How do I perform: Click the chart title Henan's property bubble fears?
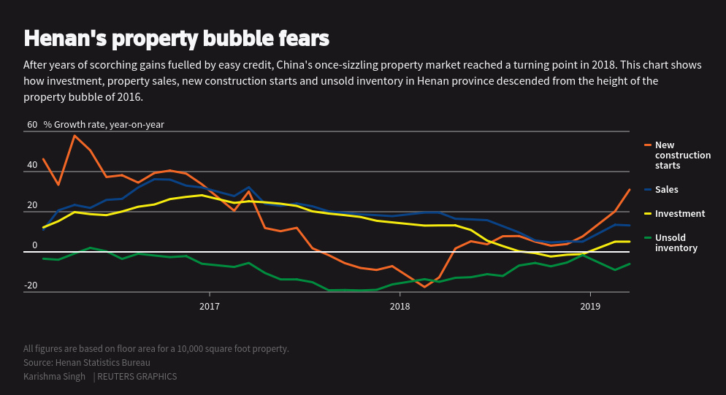click(176, 38)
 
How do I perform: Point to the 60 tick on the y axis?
click(32, 125)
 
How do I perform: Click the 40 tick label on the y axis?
click(32, 165)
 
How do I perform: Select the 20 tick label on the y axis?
click(32, 205)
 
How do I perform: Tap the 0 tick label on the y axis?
click(34, 245)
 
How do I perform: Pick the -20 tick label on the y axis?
click(31, 285)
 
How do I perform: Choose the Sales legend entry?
click(666, 190)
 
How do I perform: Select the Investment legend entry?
click(679, 214)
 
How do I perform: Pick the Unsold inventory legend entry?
click(676, 243)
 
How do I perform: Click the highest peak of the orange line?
click(74, 135)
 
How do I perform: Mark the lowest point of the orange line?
click(424, 287)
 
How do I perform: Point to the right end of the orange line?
click(630, 190)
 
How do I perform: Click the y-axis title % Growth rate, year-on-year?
click(104, 125)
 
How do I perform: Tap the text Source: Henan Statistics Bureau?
click(87, 363)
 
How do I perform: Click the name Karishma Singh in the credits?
click(55, 377)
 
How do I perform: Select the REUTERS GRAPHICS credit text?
click(137, 377)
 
